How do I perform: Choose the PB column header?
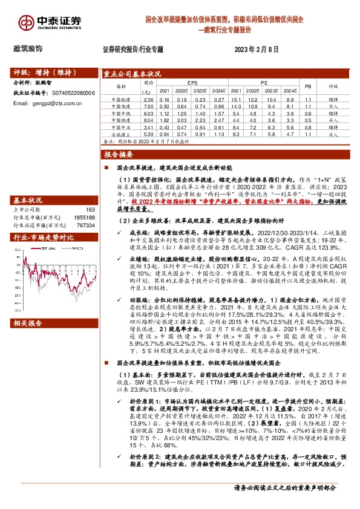[x=307, y=86]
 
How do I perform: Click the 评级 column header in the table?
[x=333, y=86]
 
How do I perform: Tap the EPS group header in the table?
[x=192, y=82]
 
